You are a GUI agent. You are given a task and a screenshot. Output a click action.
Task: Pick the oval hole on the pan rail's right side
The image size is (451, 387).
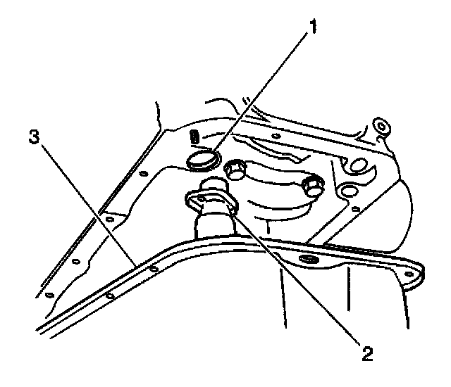(x=308, y=261)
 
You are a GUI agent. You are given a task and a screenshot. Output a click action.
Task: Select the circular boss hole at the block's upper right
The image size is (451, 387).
(x=381, y=127)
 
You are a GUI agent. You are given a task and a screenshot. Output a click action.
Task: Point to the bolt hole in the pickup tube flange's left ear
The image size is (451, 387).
(x=199, y=200)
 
